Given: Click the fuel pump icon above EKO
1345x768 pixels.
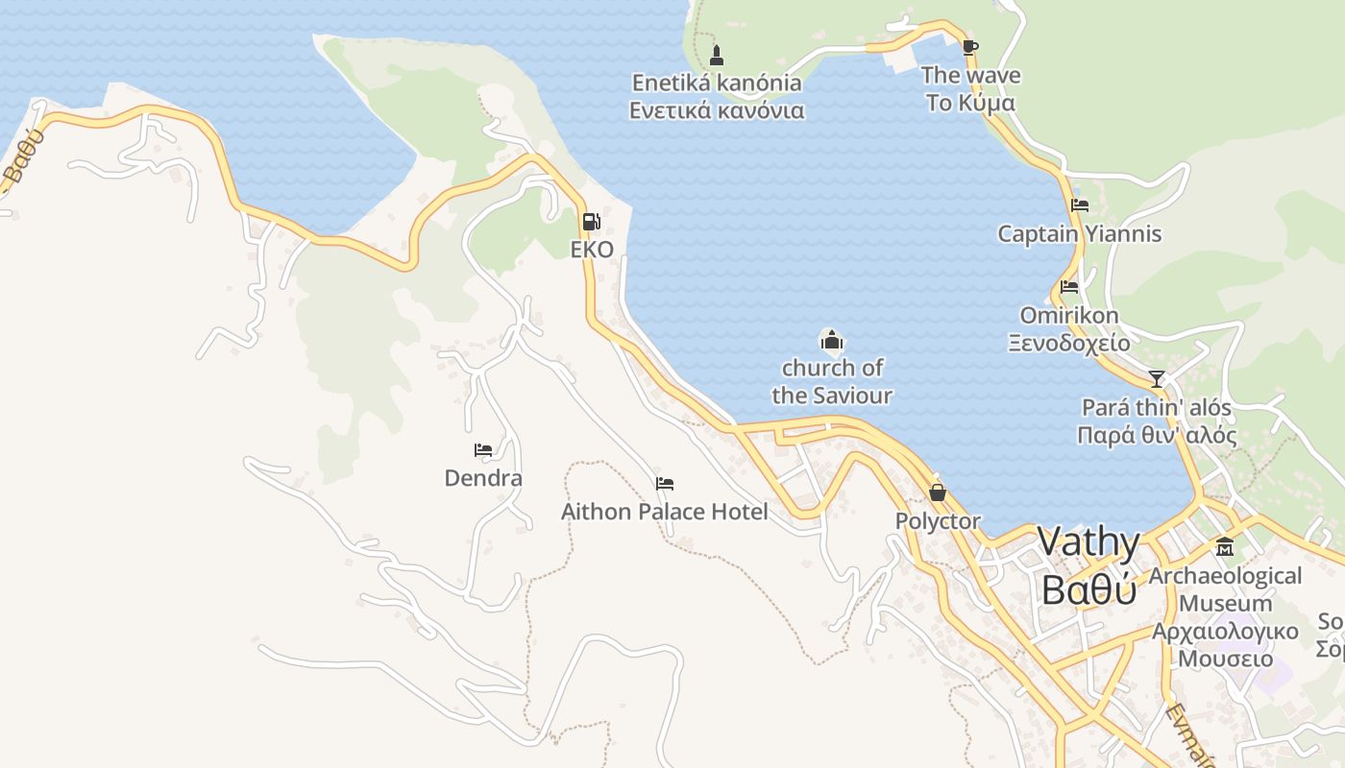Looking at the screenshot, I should pos(592,222).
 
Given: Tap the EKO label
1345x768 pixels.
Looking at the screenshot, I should pos(592,250).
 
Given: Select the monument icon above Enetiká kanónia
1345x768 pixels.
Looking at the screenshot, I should pos(716,54).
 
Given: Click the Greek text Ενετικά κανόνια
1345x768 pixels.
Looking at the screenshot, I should pos(717,110).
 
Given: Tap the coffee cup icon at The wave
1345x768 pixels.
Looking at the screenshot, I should pos(969,47).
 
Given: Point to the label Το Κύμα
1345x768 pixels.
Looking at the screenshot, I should pos(970,102).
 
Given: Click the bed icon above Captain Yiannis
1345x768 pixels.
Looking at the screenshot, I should pos(1080,204).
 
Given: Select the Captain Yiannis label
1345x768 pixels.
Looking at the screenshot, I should pos(1080,233).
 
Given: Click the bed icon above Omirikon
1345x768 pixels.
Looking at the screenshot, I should pos(1069,286).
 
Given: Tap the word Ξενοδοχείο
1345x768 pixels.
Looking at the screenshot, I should pos(1069,342).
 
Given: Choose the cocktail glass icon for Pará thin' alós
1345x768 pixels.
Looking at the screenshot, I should pos(1157,378).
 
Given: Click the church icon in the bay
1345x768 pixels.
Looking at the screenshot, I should pos(831,339).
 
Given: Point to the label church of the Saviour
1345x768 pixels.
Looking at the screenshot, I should pos(832,381).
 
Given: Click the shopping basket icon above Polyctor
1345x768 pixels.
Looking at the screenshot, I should pos(938,492).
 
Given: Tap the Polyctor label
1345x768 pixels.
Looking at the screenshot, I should pos(938,521).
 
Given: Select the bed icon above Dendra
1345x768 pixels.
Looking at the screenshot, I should pos(483,449).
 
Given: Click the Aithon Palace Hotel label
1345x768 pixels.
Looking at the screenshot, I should pos(665,512).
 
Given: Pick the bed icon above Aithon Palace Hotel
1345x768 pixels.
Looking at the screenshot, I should pos(665,483).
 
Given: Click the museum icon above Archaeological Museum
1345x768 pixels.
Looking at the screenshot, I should pos(1225,547).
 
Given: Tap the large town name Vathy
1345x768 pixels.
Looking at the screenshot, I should pos(1089,543).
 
